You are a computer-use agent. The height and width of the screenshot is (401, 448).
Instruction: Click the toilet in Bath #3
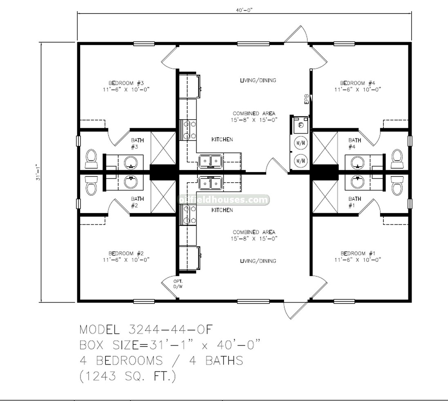click(x=91, y=159)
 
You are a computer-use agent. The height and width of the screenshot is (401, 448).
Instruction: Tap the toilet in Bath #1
click(x=396, y=186)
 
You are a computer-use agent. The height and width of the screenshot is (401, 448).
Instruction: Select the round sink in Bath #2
click(x=131, y=181)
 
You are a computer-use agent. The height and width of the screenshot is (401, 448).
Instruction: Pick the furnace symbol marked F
click(x=301, y=125)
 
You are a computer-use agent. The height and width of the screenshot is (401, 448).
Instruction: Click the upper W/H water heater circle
click(x=301, y=143)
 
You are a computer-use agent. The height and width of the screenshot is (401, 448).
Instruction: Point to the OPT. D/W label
click(x=178, y=283)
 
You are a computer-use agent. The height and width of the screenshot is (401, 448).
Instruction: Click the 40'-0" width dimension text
click(x=244, y=9)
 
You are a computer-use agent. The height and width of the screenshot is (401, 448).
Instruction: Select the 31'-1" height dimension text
click(x=37, y=172)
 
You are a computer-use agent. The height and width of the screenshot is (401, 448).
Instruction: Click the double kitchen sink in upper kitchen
click(x=211, y=161)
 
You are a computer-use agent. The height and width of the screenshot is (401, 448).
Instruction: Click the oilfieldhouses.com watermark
click(x=224, y=200)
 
